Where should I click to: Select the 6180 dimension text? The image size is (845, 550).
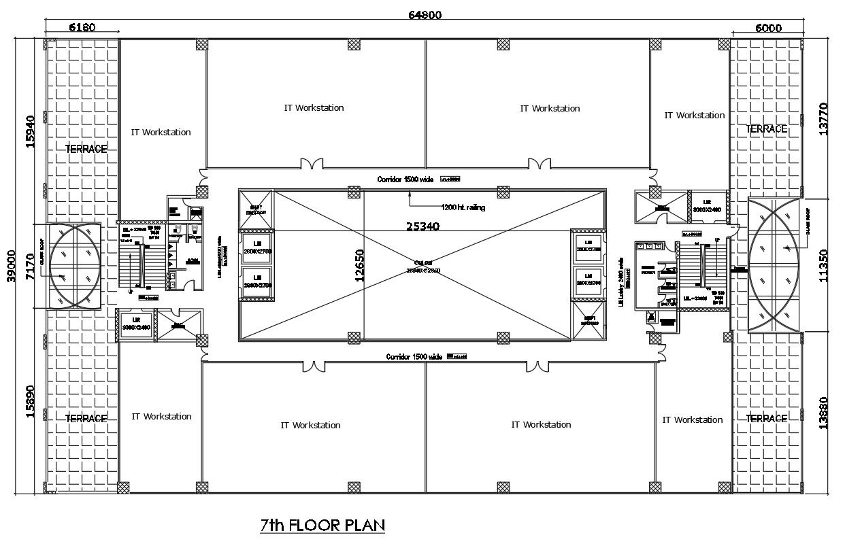click(82, 27)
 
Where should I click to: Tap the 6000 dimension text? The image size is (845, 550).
click(768, 27)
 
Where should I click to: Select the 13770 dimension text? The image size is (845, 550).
click(824, 119)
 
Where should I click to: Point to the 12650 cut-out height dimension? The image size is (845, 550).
click(360, 265)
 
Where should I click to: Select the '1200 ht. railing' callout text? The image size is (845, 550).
click(463, 207)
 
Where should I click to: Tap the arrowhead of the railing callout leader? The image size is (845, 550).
click(410, 193)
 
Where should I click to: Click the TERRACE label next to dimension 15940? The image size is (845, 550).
click(86, 149)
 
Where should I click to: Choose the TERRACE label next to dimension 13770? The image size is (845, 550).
click(767, 128)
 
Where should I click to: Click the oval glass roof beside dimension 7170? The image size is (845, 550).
click(74, 266)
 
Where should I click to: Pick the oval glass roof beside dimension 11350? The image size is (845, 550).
click(774, 264)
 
